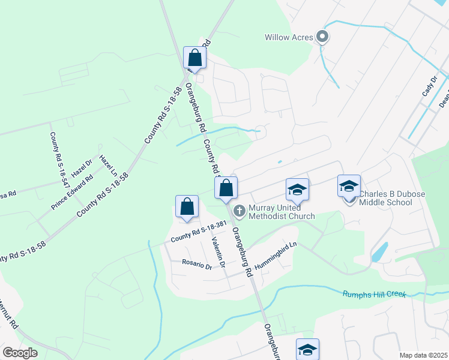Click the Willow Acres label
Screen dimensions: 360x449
click(x=289, y=37)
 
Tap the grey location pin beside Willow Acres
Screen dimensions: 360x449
click(x=322, y=37)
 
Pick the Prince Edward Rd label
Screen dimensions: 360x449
click(x=72, y=192)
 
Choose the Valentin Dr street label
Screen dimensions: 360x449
click(x=217, y=250)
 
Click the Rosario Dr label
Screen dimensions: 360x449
click(x=197, y=265)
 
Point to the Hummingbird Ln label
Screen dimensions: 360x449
click(x=276, y=254)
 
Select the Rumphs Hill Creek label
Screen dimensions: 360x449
click(x=374, y=294)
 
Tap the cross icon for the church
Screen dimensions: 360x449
click(x=239, y=211)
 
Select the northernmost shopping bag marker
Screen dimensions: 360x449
click(x=194, y=58)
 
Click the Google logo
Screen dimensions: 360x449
click(x=20, y=353)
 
